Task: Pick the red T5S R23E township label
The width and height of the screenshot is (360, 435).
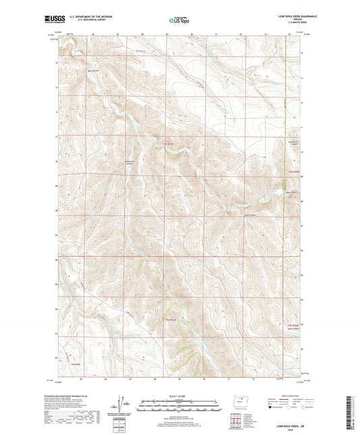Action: point(170,319)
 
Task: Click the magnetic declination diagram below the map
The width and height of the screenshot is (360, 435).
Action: point(122,407)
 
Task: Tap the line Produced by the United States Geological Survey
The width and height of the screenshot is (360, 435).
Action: point(74,396)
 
